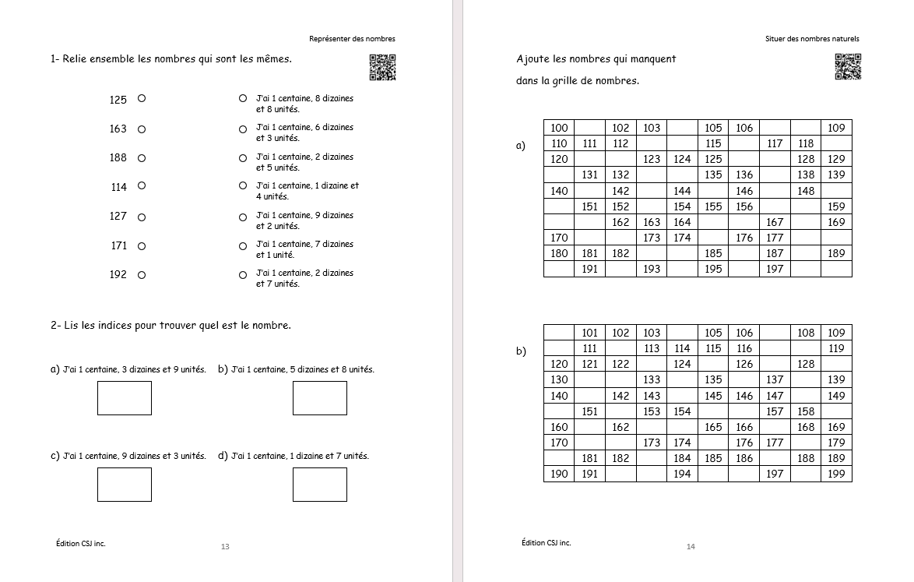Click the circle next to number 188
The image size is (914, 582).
point(142,158)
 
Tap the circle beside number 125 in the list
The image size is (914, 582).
point(142,99)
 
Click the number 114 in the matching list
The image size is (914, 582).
point(118,187)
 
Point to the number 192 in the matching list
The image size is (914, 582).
point(118,274)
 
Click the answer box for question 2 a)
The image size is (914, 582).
point(125,398)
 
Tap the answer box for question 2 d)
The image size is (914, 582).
point(320,485)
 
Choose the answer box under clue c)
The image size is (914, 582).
point(125,485)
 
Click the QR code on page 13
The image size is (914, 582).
point(382,67)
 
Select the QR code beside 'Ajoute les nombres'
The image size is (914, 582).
point(849,67)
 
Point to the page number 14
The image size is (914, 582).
point(691,547)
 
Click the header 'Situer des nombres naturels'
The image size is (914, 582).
point(812,39)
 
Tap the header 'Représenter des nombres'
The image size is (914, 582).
point(352,39)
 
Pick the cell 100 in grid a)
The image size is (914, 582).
point(559,128)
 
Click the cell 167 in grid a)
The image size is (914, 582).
point(775,222)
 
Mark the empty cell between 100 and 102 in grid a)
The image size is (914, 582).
point(589,128)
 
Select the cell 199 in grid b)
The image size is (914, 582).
point(836,474)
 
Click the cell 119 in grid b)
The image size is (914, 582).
point(836,348)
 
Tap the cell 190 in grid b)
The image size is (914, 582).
point(559,474)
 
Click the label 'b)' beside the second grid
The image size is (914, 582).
point(521,351)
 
